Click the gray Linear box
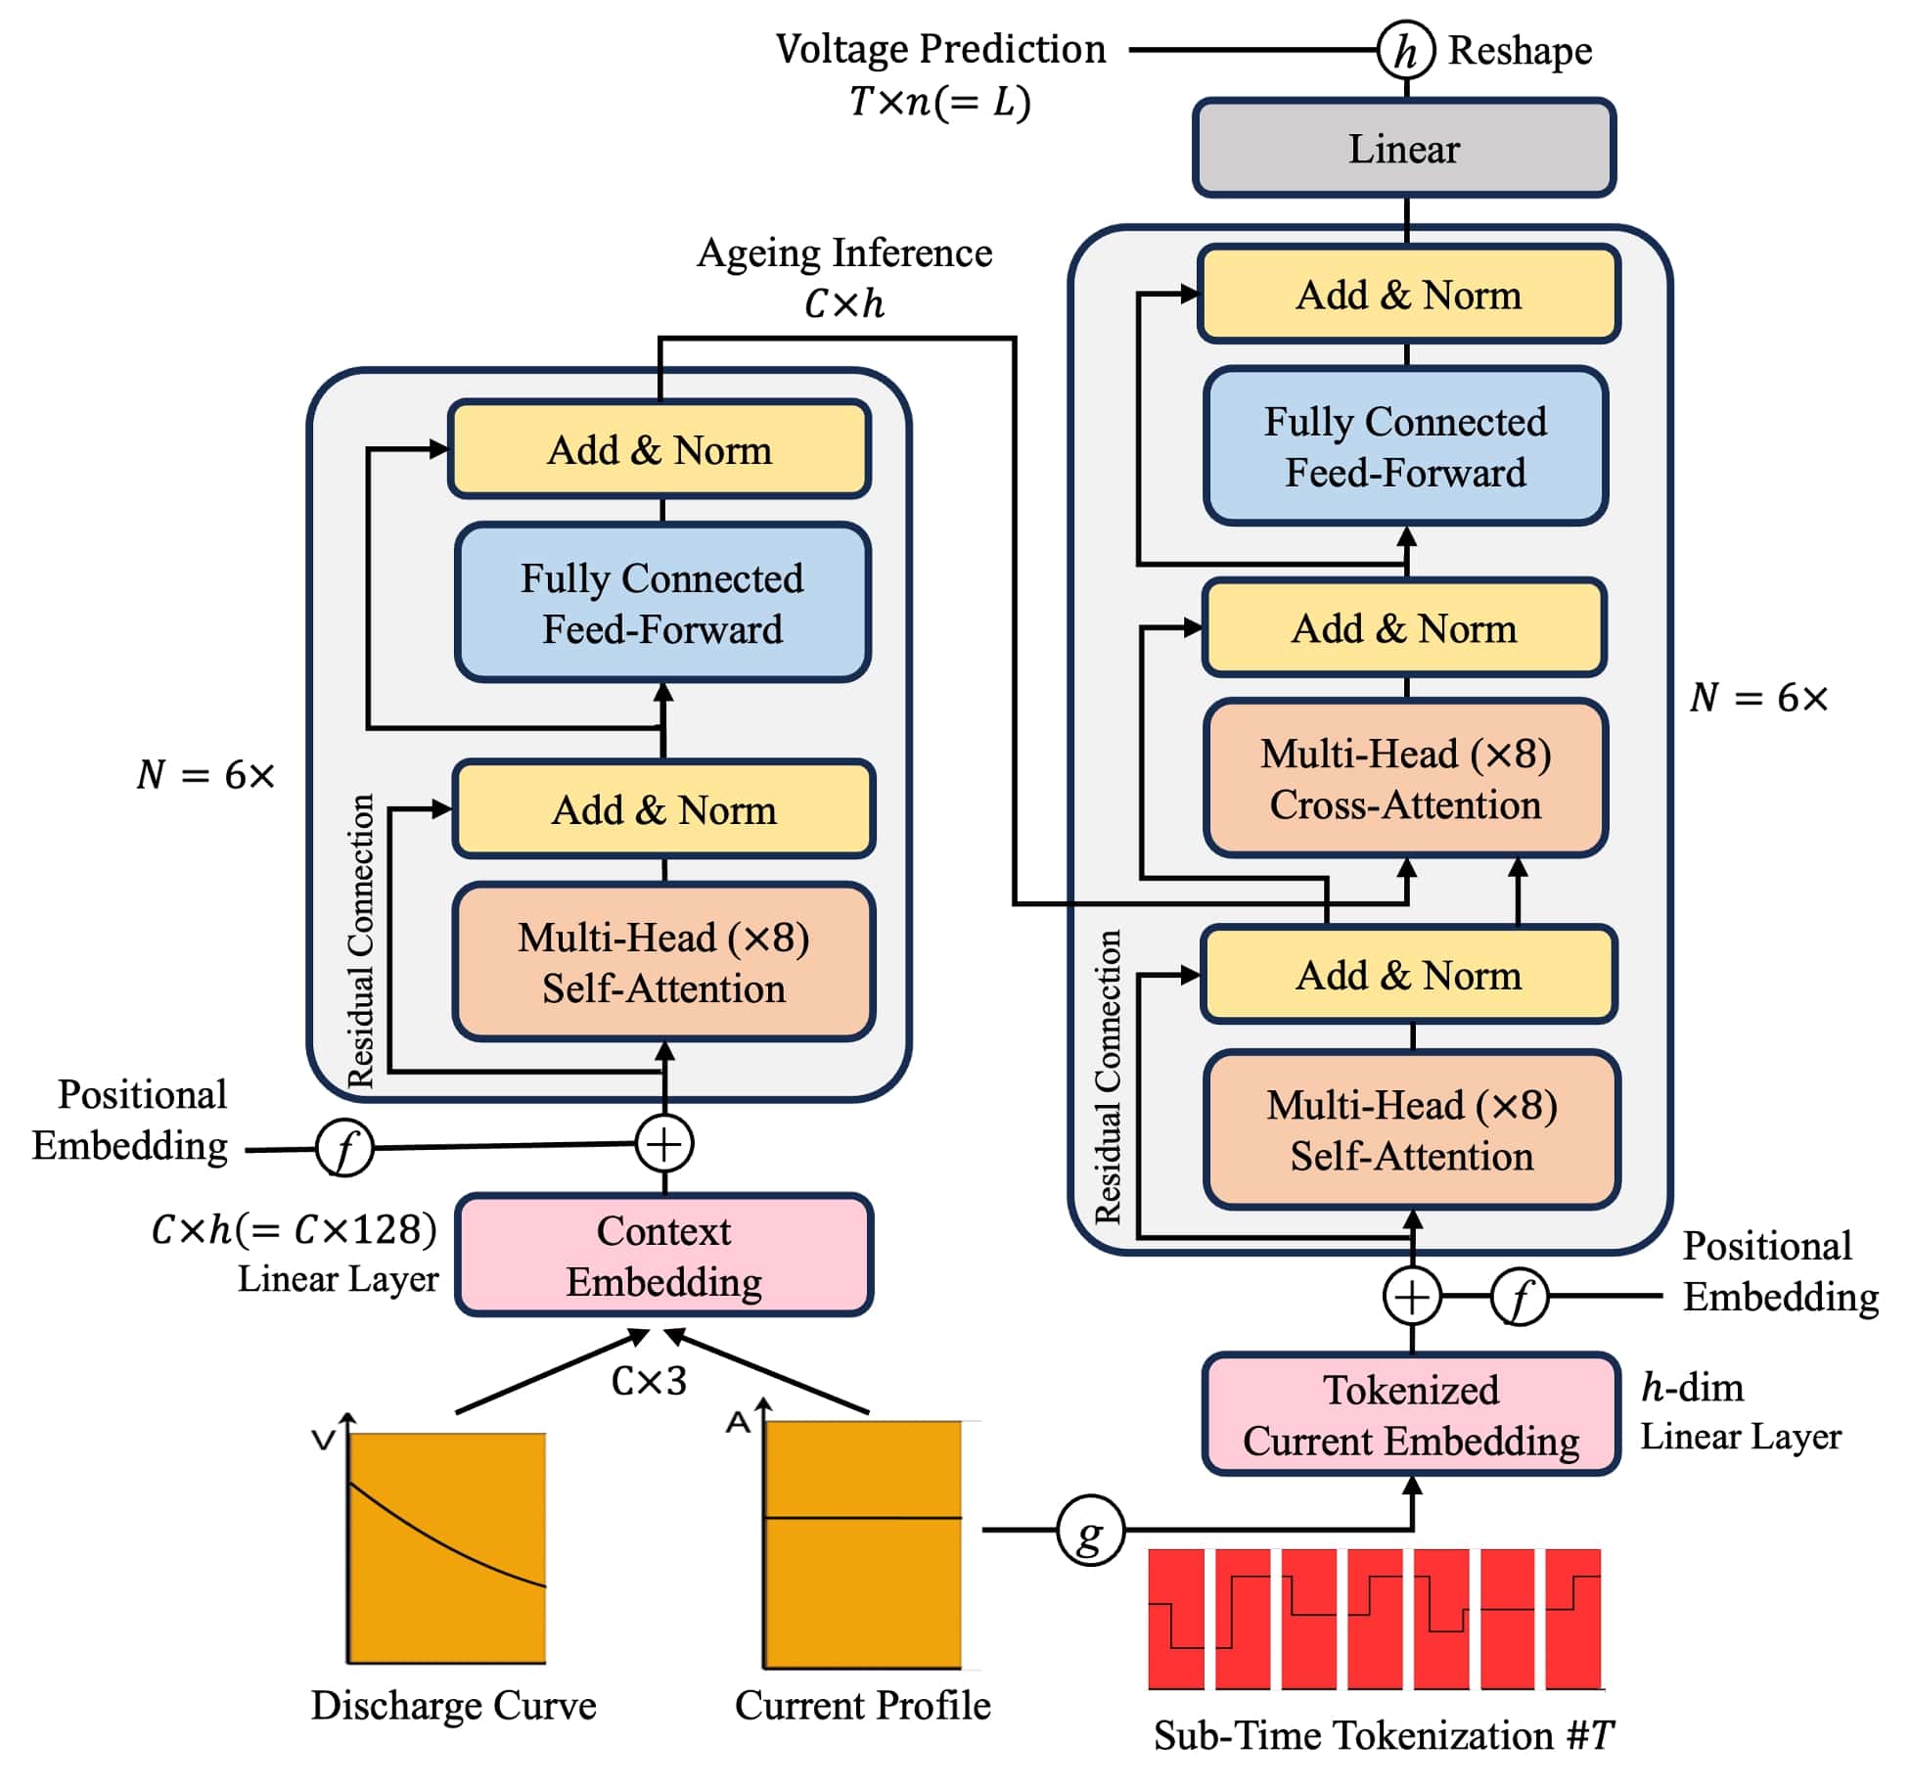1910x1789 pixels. tap(1403, 149)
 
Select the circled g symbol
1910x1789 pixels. tap(1089, 1529)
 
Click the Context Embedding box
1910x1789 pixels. tap(663, 1256)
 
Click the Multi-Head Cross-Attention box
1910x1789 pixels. tap(1405, 779)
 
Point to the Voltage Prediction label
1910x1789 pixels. tap(939, 49)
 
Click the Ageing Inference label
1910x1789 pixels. tap(843, 253)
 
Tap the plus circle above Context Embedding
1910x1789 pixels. tap(664, 1144)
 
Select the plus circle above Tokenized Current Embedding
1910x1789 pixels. tap(1411, 1296)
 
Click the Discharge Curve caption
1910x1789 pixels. tap(453, 1706)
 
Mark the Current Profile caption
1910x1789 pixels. tap(862, 1706)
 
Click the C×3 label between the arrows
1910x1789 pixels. tap(649, 1381)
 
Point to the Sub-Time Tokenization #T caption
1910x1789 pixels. tap(1383, 1736)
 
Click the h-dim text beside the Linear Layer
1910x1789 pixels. tap(1692, 1388)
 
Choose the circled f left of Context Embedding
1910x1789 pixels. tap(344, 1148)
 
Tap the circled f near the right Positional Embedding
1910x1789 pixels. tap(1519, 1297)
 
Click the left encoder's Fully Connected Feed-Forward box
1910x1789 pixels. tap(662, 603)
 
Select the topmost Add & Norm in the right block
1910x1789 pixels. tap(1408, 295)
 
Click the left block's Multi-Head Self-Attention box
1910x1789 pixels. tap(663, 963)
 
